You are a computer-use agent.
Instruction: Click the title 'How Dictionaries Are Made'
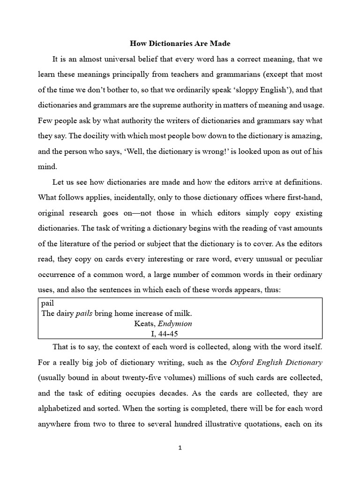point(180,44)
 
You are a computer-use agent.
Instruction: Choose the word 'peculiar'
point(305,259)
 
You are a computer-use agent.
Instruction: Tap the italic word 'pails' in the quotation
point(84,314)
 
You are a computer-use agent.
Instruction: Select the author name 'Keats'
point(144,323)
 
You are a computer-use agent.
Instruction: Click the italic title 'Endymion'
point(174,323)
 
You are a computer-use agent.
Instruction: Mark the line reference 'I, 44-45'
point(162,333)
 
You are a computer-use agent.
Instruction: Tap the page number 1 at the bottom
point(180,448)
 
